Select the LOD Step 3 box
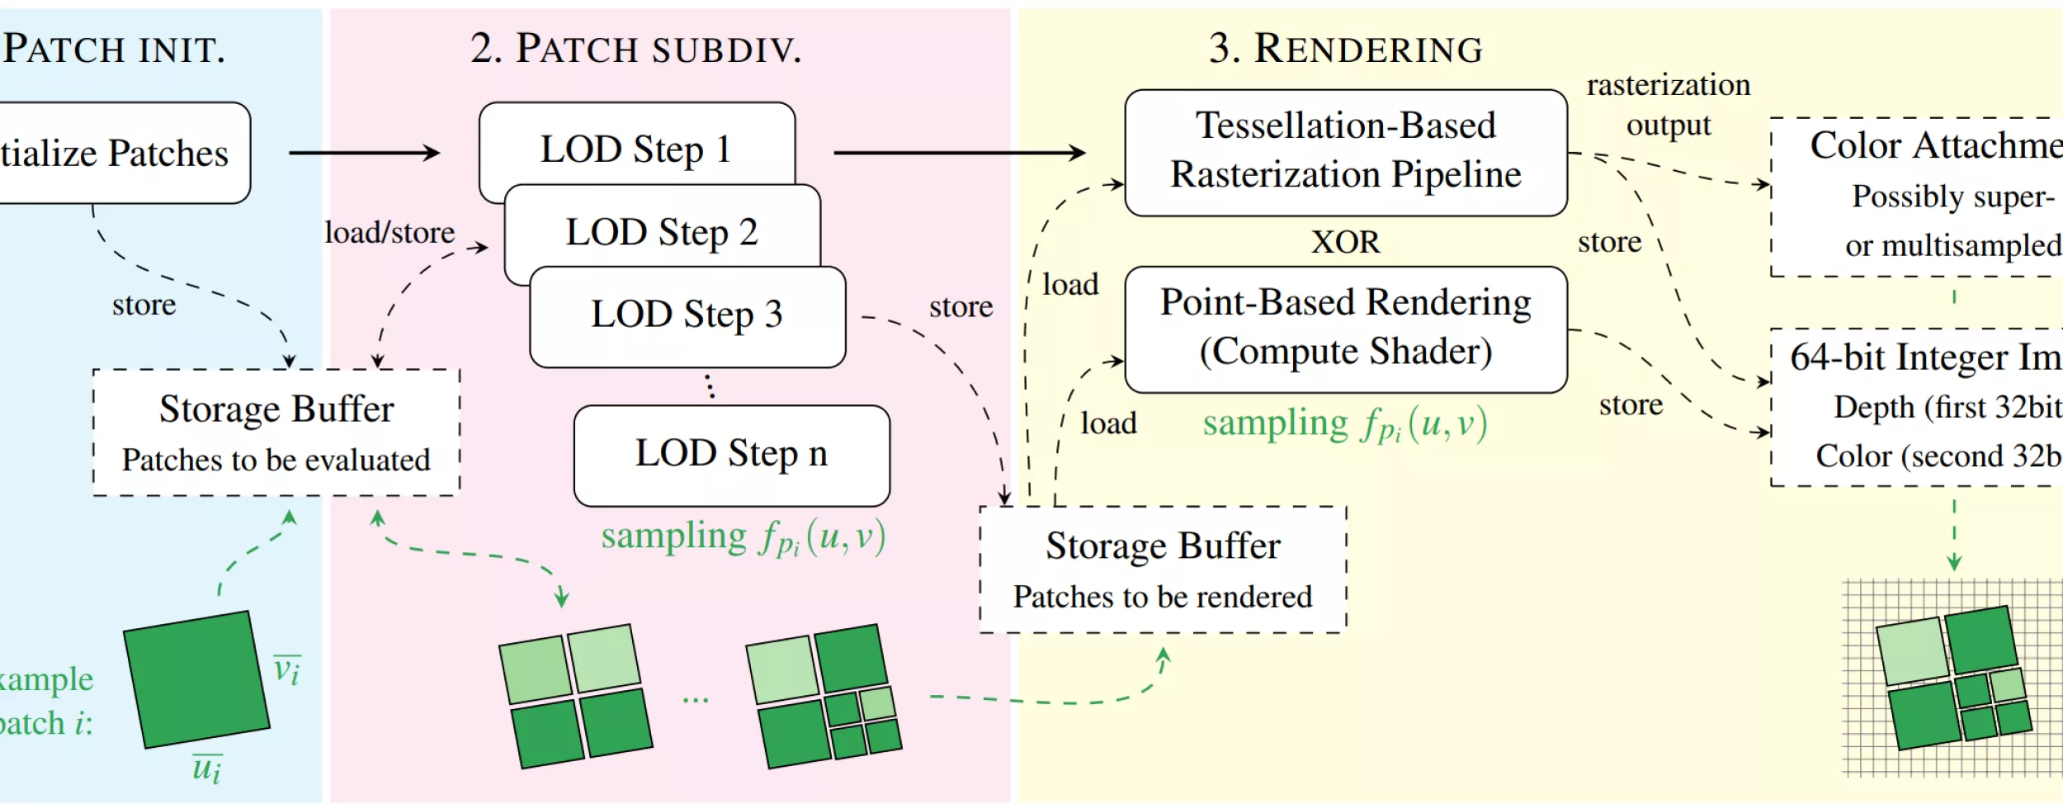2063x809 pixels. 687,315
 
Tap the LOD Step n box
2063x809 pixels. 731,454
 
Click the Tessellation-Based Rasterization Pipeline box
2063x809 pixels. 1345,152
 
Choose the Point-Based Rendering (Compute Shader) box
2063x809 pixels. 1345,328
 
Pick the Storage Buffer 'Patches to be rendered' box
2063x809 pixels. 1163,569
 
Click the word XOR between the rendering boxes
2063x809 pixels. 1345,242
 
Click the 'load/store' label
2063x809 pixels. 389,233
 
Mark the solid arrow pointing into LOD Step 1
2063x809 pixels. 364,153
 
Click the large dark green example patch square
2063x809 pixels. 196,679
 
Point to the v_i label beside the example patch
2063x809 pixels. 287,670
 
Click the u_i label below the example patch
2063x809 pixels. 206,769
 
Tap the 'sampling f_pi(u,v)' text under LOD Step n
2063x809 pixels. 743,537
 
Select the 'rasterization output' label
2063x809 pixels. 1668,105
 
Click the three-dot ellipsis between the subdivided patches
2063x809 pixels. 695,701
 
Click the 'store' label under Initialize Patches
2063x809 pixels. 144,305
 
